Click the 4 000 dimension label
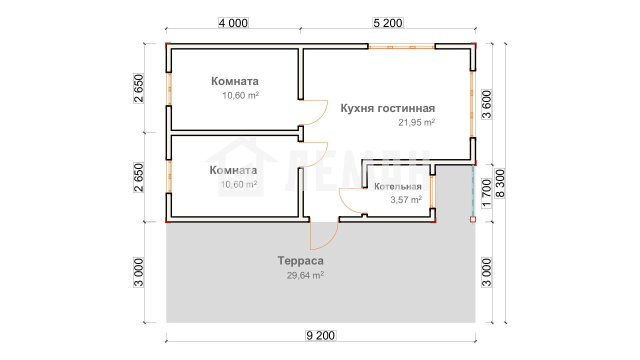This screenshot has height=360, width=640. tap(233, 23)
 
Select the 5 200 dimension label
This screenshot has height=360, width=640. tap(388, 23)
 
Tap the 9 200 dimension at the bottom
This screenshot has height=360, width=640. tap(320, 335)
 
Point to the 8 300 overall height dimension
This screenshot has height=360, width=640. tap(500, 183)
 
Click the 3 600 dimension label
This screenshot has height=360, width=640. tap(486, 104)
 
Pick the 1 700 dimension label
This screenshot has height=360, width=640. tap(486, 193)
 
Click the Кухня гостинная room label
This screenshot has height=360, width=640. tap(387, 108)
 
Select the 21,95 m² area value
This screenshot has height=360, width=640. tap(416, 122)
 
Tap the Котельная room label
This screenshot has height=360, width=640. tap(397, 186)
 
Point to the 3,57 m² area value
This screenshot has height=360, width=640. tap(406, 199)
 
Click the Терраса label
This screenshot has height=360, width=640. tap(300, 261)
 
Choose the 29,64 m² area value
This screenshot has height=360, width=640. tap(305, 275)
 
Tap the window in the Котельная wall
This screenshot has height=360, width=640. tap(432, 191)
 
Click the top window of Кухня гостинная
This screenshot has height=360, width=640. tap(401, 46)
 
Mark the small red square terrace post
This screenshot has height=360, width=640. tap(473, 219)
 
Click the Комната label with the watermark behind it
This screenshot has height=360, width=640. tap(233, 170)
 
